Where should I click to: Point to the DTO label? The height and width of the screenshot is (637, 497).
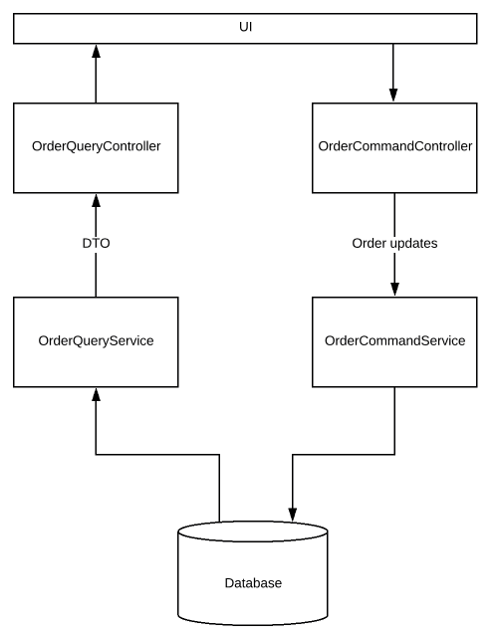coord(96,244)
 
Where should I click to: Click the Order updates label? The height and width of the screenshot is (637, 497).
coord(394,244)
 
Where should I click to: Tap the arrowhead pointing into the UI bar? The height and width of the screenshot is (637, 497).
coord(96,53)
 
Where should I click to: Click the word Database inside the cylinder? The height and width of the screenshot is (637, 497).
coord(253,582)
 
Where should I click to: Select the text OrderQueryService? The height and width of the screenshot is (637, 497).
coord(96,340)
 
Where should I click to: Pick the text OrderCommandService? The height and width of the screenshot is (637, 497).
coord(394,340)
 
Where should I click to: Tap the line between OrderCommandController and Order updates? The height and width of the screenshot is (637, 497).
coord(394,213)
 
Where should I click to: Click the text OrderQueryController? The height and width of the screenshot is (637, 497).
coord(96,146)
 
